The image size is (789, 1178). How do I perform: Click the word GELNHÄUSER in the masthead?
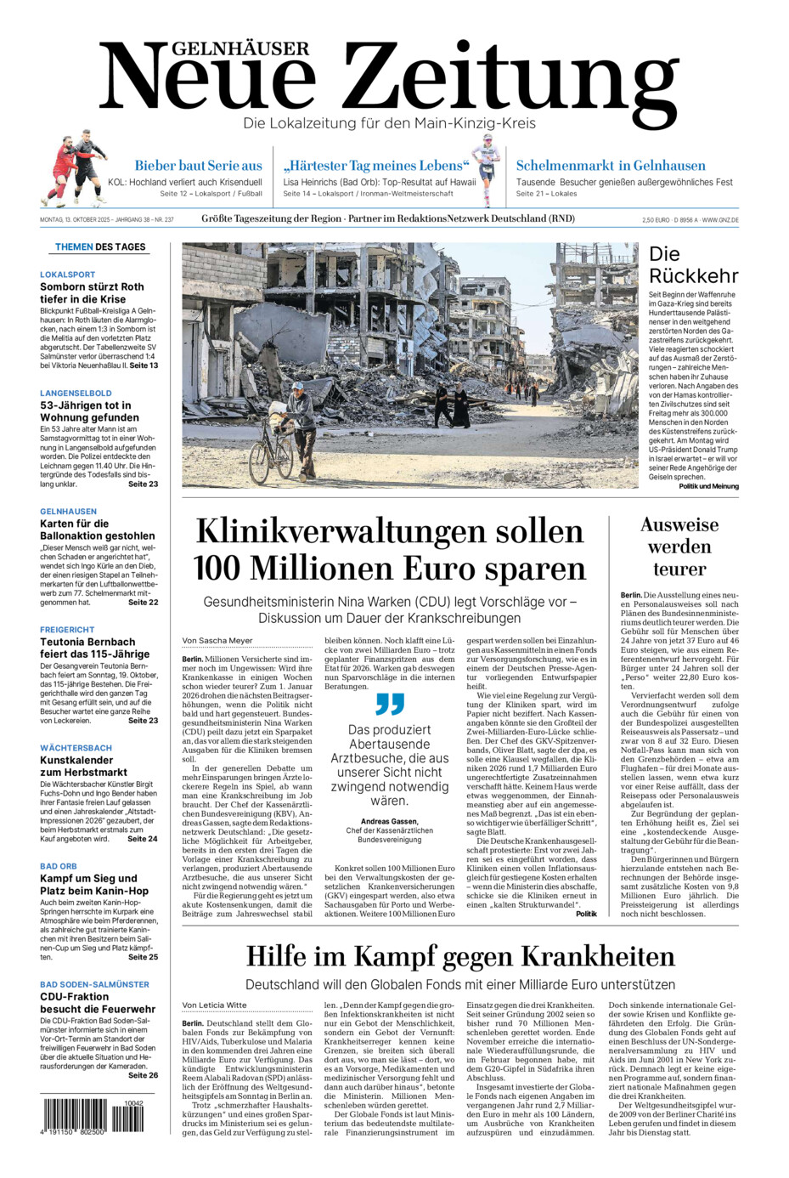click(x=242, y=49)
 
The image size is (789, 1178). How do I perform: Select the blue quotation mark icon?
click(x=390, y=704)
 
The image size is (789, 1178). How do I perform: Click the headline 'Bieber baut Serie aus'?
click(x=198, y=166)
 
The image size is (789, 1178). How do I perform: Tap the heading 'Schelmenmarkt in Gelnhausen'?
click(x=611, y=166)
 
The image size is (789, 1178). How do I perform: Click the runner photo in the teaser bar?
click(x=487, y=169)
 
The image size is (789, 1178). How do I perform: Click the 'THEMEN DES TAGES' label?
click(x=100, y=247)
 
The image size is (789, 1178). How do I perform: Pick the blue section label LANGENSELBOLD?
click(x=76, y=394)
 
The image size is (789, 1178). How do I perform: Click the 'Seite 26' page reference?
click(x=143, y=1075)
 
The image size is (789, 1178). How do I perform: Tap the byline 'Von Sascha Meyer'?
click(x=217, y=641)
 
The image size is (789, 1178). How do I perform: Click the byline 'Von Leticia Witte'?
click(x=214, y=1005)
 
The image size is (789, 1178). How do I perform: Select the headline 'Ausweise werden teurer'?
click(x=679, y=547)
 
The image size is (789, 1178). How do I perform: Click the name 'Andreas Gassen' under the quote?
click(x=389, y=822)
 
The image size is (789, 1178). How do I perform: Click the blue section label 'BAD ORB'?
click(x=59, y=866)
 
